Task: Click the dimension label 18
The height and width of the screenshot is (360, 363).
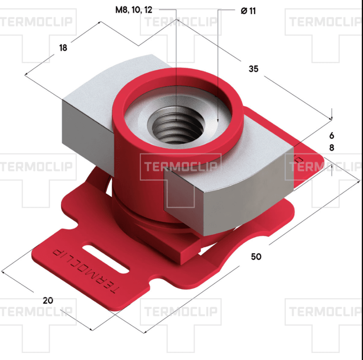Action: pyautogui.click(x=63, y=48)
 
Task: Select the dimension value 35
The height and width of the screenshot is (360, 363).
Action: pyautogui.click(x=253, y=69)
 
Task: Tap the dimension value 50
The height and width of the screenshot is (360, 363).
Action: pyautogui.click(x=256, y=257)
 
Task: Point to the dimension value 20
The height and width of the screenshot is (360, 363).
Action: pyautogui.click(x=48, y=300)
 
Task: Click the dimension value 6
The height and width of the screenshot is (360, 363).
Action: pyautogui.click(x=332, y=135)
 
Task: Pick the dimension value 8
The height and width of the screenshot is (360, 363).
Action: pyautogui.click(x=332, y=148)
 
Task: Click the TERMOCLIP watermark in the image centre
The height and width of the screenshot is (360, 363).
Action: pyautogui.click(x=181, y=166)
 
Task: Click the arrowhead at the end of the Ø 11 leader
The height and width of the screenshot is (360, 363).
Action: pyautogui.click(x=218, y=119)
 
